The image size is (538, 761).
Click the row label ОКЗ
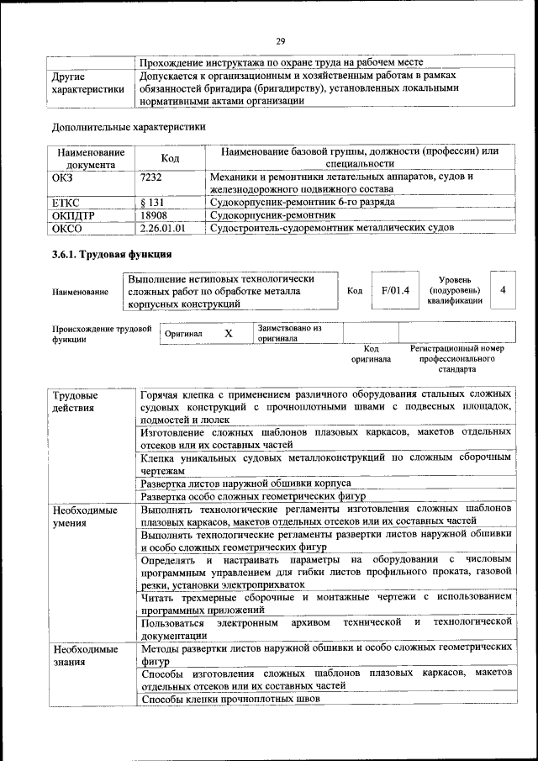(64, 177)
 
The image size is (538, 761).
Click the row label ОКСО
(68, 228)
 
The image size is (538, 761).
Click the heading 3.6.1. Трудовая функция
(112, 254)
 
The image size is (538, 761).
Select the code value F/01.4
(394, 290)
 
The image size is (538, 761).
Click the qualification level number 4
(502, 290)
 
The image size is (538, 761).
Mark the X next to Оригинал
(228, 333)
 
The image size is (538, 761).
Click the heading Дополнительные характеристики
(129, 127)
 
